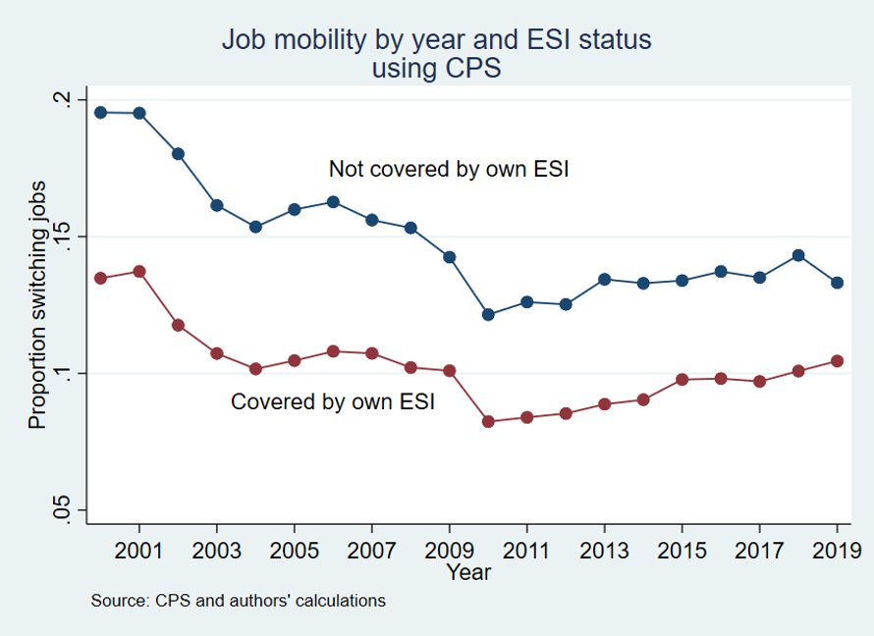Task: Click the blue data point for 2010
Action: tap(488, 315)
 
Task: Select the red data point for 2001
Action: tap(139, 271)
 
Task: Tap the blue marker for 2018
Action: tap(798, 255)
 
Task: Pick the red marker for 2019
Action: tap(838, 361)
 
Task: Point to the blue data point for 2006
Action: tap(333, 202)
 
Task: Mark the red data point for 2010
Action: tap(488, 421)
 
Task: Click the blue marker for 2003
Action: tap(217, 205)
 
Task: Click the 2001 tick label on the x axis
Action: tap(139, 549)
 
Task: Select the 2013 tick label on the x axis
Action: tap(605, 549)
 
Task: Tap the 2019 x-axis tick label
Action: tap(838, 549)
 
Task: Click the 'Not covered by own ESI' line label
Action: tap(449, 169)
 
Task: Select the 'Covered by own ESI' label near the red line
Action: tap(332, 401)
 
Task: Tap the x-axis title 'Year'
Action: tap(468, 571)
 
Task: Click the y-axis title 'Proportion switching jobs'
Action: tap(37, 304)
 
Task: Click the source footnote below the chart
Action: tap(238, 600)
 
